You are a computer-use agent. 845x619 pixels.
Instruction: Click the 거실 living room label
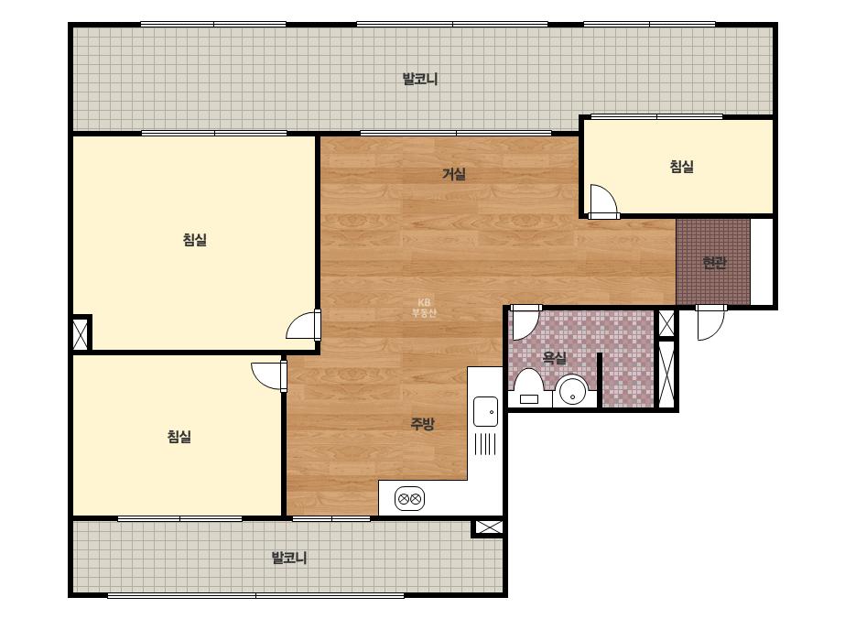point(454,174)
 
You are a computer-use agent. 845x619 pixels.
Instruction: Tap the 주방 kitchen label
point(422,424)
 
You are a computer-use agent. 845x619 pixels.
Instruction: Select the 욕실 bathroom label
point(554,357)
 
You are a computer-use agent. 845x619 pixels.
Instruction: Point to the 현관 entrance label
point(714,263)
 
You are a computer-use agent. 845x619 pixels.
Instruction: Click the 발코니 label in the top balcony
point(420,80)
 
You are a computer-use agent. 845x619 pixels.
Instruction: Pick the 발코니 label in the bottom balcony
point(289,558)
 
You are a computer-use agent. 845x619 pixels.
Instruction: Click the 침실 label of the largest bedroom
point(195,239)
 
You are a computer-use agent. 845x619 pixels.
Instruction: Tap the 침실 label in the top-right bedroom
point(681,166)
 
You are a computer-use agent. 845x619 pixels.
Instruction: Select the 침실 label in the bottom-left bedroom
point(179,436)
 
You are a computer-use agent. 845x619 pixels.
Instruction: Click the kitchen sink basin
point(485,411)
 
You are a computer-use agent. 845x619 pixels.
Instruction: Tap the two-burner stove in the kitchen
point(409,499)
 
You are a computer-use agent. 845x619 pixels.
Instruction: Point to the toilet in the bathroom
point(527,387)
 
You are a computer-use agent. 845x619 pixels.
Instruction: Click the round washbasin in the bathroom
point(572,391)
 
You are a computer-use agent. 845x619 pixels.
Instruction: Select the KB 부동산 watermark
point(424,308)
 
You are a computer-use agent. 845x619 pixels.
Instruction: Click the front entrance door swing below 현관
point(710,323)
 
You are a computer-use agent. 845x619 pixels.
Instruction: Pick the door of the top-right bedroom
point(603,201)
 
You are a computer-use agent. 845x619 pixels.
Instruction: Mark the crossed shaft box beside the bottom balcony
point(488,527)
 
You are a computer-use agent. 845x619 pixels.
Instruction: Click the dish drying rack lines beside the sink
point(485,444)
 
